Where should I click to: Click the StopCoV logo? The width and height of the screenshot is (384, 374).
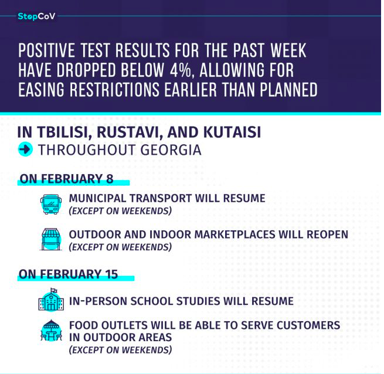coord(36,16)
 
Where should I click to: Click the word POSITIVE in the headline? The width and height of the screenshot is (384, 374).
coord(47,50)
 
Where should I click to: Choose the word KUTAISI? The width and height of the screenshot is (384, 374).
coord(232,132)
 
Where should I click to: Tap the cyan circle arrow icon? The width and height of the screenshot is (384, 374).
coord(25,149)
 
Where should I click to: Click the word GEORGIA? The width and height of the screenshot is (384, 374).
coord(171,150)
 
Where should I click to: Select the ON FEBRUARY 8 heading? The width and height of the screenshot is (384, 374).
coord(67,179)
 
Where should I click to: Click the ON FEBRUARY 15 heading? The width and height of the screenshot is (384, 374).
coord(69,274)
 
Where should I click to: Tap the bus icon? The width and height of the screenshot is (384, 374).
coord(51,205)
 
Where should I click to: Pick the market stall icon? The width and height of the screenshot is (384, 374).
coord(51,240)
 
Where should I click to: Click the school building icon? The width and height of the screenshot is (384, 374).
coord(51,300)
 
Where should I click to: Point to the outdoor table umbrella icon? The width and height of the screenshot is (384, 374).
coord(51,331)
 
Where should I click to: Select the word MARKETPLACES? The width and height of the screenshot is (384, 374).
coord(235,234)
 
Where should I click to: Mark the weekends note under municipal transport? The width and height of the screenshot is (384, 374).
coord(120,211)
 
